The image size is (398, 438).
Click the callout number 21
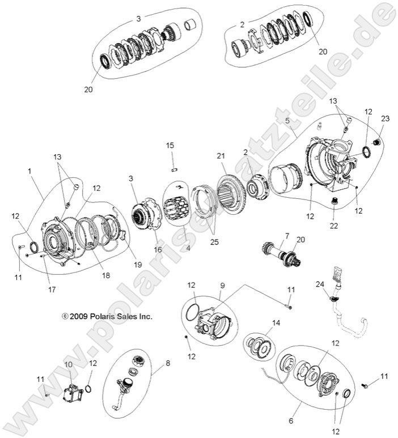[220, 155]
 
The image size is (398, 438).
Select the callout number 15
[170, 146]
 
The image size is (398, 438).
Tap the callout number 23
[386, 119]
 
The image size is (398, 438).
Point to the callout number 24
[320, 284]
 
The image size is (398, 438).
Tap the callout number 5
[287, 121]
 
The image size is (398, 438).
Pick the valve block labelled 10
[73, 393]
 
